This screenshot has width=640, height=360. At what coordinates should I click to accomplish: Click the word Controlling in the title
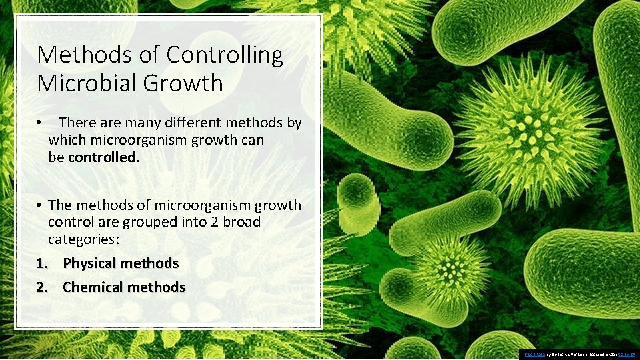point(225,55)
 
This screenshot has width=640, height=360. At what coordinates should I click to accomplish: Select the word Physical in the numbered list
point(93,263)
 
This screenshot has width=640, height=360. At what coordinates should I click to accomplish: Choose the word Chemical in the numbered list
point(95,287)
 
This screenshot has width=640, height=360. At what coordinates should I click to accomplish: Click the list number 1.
point(41,263)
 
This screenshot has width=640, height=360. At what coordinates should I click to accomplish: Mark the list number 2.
point(41,287)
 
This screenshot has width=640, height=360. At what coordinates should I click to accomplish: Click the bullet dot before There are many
point(41,123)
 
